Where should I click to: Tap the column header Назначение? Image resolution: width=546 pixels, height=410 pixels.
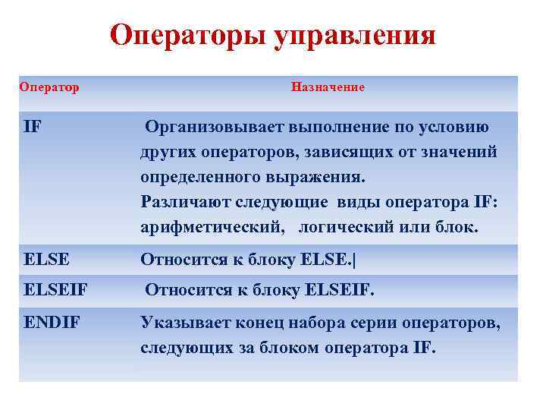[328, 87]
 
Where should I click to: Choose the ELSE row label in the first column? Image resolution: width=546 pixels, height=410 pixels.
[47, 260]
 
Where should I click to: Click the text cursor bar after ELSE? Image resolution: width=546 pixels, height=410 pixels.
[354, 260]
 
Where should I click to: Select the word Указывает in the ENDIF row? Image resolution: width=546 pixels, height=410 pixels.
[180, 324]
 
